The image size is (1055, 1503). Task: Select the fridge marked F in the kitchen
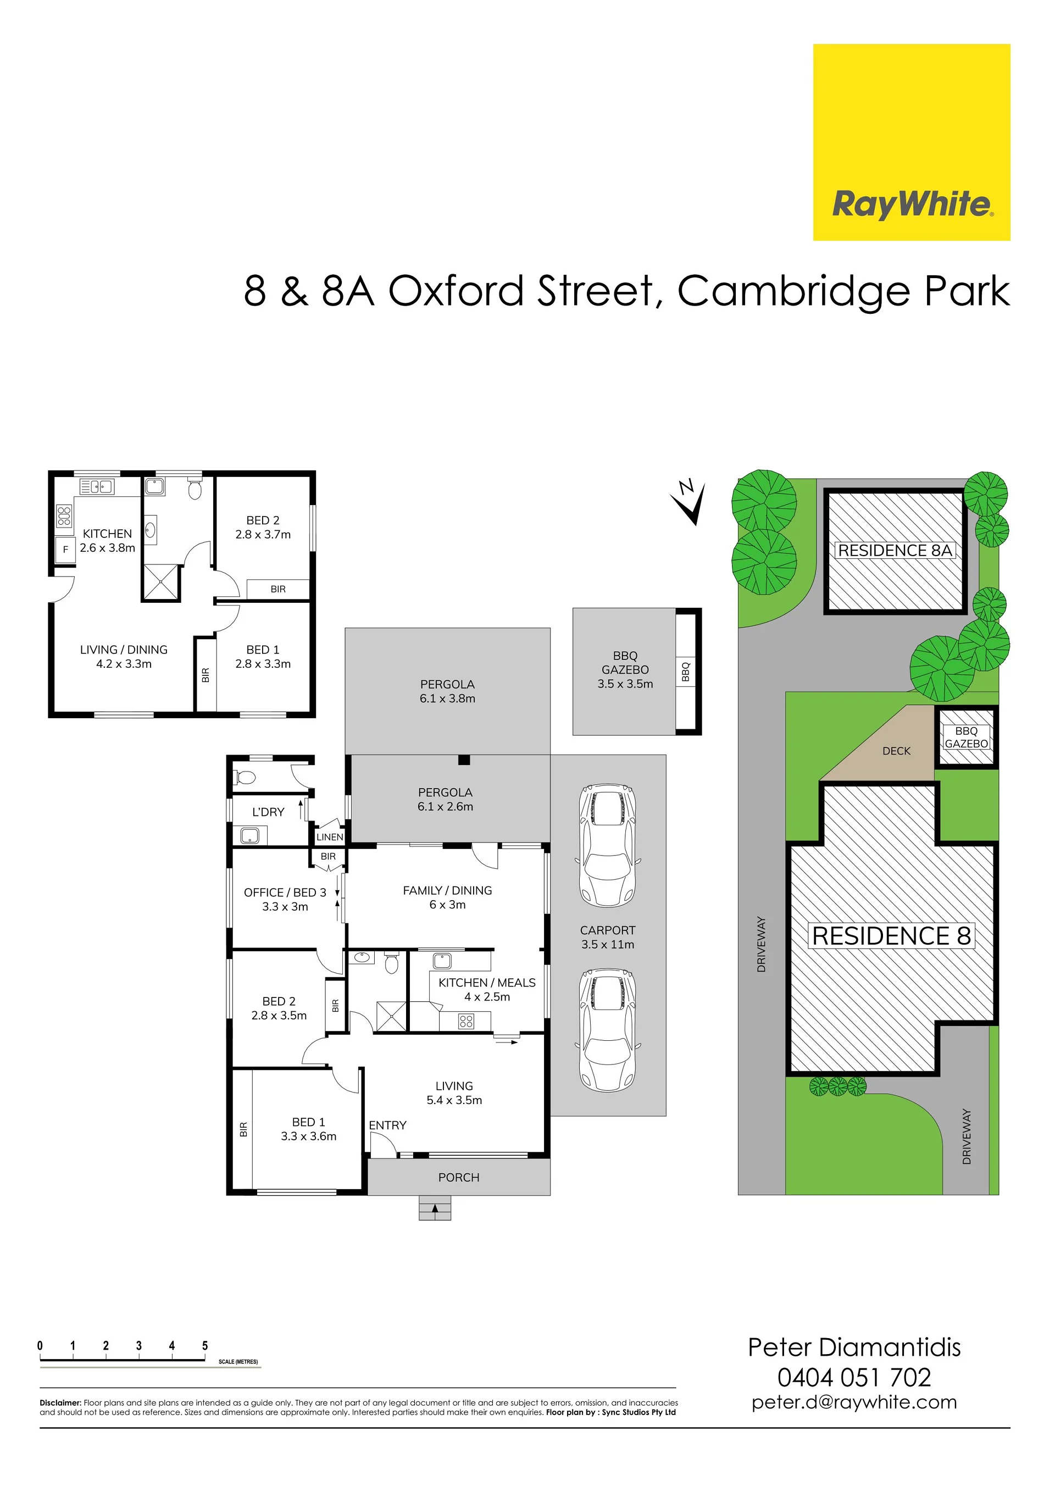65,549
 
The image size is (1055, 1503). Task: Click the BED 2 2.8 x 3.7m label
263,527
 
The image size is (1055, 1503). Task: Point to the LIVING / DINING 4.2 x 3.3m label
124,657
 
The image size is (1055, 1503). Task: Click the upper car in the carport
608,845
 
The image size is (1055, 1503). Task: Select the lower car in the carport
608,1029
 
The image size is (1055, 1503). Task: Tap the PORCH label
459,1178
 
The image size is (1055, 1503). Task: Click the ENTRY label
387,1125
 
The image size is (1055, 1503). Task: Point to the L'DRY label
268,812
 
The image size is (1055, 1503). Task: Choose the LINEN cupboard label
330,836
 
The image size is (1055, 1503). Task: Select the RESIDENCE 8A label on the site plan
895,551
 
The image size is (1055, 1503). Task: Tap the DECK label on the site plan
897,751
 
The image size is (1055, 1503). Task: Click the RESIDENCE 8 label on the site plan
891,936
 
